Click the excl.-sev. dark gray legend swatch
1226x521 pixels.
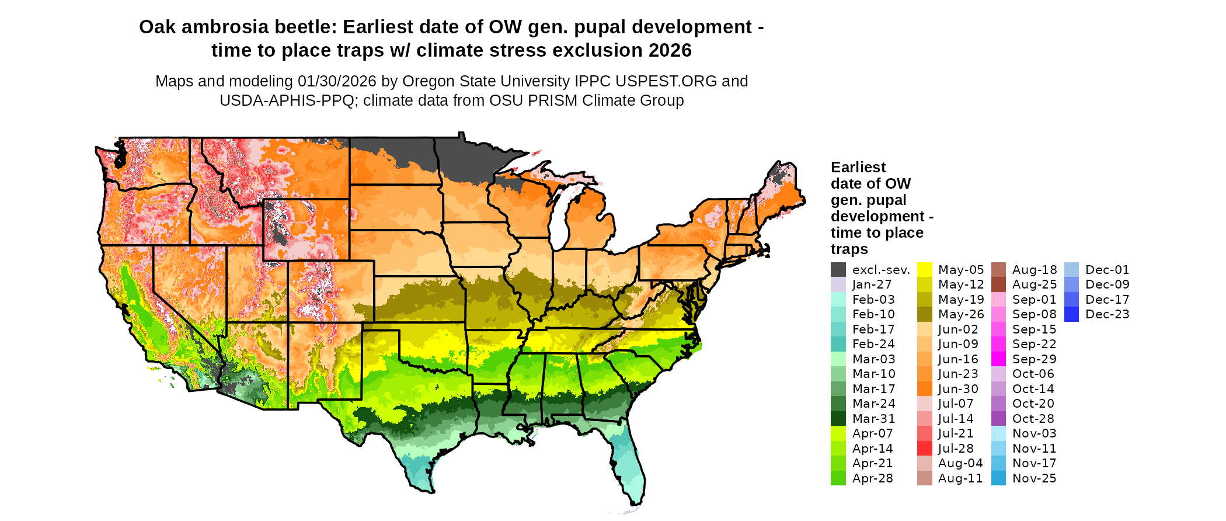point(838,270)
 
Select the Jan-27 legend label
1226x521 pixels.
point(872,284)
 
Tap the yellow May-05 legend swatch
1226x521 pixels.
point(925,270)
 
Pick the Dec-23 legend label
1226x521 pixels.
point(1107,314)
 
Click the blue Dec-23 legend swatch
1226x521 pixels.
point(1071,314)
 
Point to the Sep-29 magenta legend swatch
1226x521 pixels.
point(998,359)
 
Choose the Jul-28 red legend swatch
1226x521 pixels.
point(925,449)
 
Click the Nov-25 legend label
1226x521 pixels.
point(1034,478)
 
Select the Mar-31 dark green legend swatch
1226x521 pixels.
point(838,419)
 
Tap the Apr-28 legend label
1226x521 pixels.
point(872,478)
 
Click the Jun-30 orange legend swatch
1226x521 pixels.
point(925,389)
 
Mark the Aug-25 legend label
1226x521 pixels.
point(1034,284)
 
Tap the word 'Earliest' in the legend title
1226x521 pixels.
point(858,168)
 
